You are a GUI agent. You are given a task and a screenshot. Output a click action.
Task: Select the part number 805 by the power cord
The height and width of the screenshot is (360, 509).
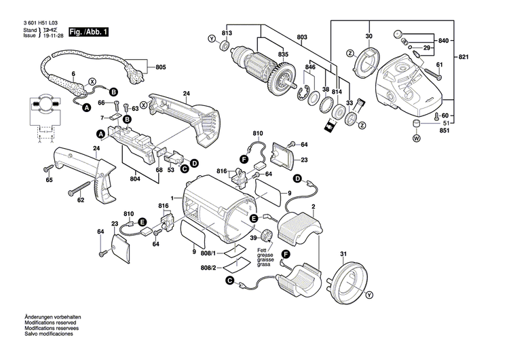pyautogui.click(x=160, y=67)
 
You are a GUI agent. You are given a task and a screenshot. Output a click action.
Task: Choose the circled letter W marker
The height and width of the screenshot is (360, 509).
pyautogui.click(x=416, y=139)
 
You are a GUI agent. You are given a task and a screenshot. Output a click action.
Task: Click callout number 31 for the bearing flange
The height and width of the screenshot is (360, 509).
pyautogui.click(x=343, y=255)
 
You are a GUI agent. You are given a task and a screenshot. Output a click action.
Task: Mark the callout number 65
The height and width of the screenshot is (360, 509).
pyautogui.click(x=49, y=180)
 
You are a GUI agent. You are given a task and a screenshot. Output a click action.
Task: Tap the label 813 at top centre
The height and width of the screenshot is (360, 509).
pyautogui.click(x=227, y=33)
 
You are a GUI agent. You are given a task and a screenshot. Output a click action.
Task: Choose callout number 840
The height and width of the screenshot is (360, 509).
pyautogui.click(x=443, y=41)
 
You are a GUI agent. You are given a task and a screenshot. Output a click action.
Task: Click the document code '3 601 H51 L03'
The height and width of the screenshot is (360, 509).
pyautogui.click(x=45, y=23)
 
